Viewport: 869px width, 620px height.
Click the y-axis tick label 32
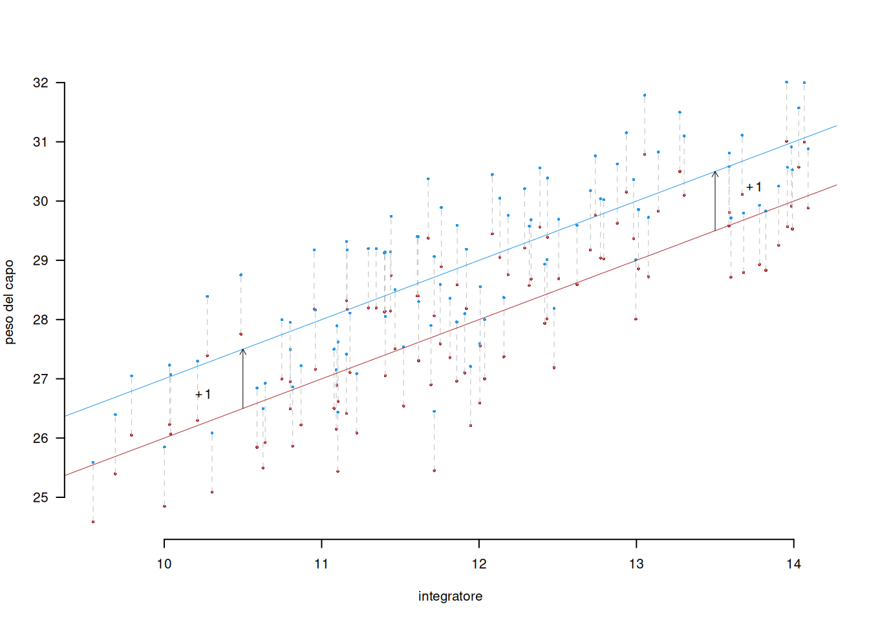click(x=40, y=83)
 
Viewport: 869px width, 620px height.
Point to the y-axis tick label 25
click(x=40, y=497)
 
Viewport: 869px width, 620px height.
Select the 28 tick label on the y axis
click(x=40, y=320)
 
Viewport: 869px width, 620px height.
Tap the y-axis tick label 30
click(x=40, y=201)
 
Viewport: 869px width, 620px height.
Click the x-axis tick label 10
click(x=164, y=564)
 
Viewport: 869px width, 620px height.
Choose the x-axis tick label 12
click(x=479, y=564)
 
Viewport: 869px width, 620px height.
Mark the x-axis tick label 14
click(x=794, y=564)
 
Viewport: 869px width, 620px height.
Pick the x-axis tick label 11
click(x=321, y=564)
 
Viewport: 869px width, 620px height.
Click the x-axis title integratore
click(x=450, y=596)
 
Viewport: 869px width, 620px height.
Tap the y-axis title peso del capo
click(x=9, y=302)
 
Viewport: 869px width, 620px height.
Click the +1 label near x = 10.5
click(x=203, y=394)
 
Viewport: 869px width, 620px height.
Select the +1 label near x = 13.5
click(x=754, y=187)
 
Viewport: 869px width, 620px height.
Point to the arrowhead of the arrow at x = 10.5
click(x=243, y=351)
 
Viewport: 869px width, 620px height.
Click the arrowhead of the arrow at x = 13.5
click(x=715, y=173)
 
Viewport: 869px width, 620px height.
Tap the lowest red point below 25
click(x=93, y=522)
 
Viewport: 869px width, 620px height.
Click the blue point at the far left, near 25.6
click(x=93, y=462)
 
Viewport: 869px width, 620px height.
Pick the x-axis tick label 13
click(x=636, y=564)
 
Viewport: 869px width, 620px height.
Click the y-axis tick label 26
click(x=40, y=438)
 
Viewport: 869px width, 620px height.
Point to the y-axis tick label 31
click(x=40, y=142)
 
